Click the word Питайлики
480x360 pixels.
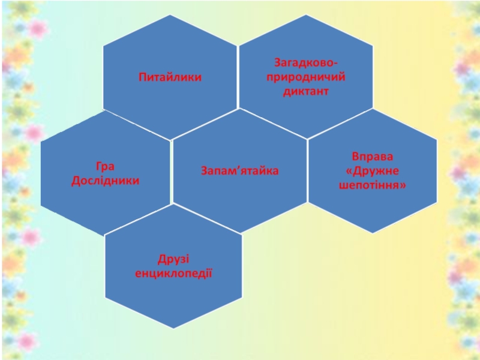point(170,77)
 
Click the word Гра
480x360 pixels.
point(105,166)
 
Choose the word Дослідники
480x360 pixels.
point(105,181)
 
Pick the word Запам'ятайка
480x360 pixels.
point(239,172)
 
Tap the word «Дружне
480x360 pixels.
point(373,172)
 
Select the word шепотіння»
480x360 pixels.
point(373,186)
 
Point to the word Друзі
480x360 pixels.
point(173,259)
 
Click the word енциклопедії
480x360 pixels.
point(173,274)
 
